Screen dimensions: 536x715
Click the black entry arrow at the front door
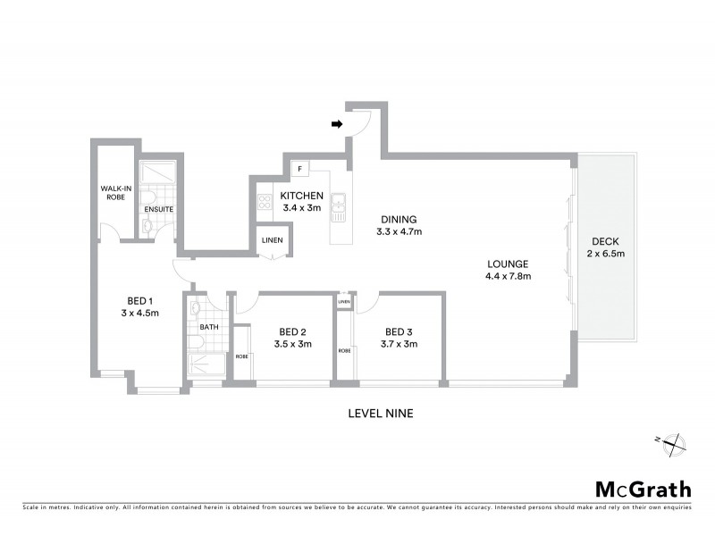point(338,125)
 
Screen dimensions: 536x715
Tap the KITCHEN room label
point(301,196)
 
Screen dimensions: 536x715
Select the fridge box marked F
point(299,169)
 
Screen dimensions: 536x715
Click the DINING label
point(399,219)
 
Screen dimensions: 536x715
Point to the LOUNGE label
point(508,264)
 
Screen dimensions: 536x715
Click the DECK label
point(604,242)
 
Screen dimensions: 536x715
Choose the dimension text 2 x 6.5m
point(604,254)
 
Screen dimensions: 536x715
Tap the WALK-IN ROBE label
point(116,193)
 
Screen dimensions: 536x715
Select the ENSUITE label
point(158,209)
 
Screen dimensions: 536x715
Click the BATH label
point(208,327)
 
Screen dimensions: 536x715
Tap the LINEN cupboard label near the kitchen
point(273,240)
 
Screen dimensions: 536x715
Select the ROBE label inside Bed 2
point(241,356)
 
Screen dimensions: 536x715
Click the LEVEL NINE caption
point(379,414)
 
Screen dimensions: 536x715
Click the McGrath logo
point(643,489)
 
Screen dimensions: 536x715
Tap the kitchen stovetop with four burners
point(265,202)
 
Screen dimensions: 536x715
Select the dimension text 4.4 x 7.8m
point(508,276)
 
